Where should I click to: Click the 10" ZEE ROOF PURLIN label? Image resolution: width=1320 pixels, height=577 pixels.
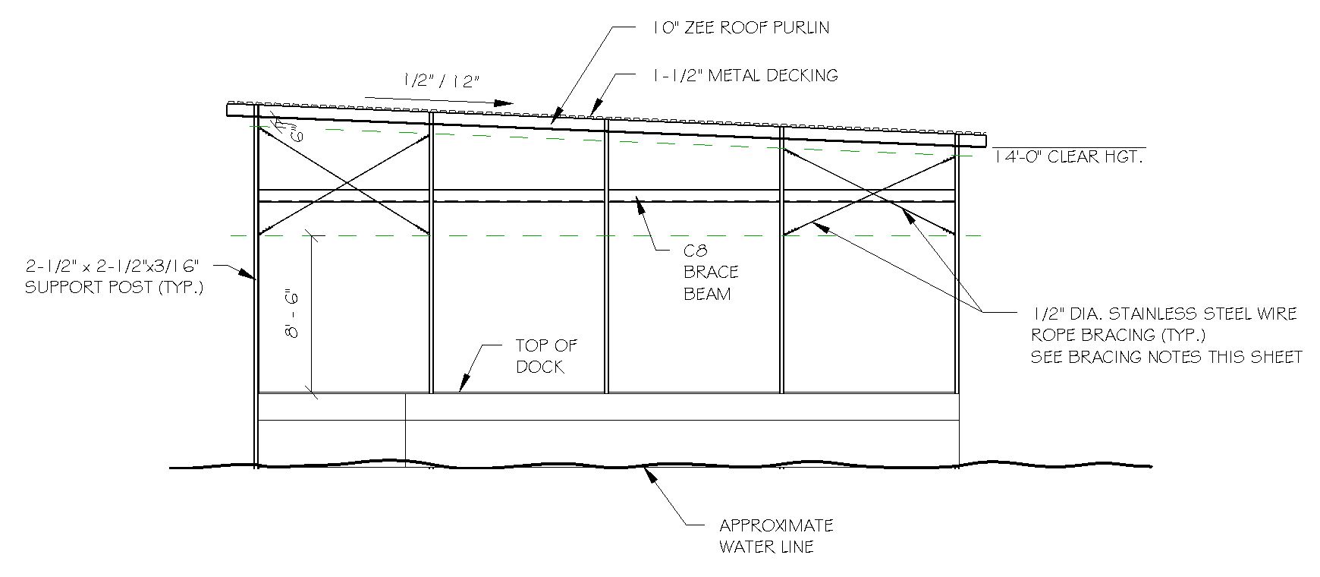click(x=740, y=28)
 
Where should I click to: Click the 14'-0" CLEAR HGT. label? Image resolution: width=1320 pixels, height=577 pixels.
click(x=1067, y=158)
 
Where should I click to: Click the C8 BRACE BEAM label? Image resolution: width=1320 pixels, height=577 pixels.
click(x=711, y=273)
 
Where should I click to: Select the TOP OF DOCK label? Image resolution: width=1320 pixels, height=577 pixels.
click(x=546, y=356)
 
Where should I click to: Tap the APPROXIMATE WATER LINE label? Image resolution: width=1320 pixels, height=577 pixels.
click(x=775, y=535)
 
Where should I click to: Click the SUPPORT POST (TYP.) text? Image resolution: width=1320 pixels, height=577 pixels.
click(x=115, y=288)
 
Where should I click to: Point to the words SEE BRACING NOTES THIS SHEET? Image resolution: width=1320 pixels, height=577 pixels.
click(x=1166, y=357)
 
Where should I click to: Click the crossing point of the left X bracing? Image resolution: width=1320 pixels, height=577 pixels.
click(x=346, y=183)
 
